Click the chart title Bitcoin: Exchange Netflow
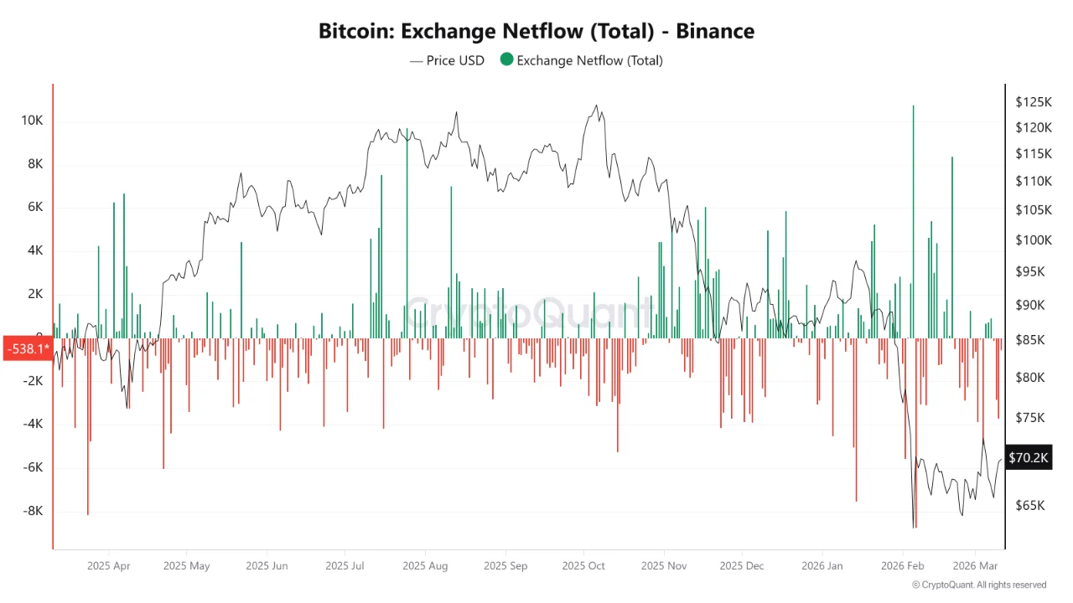pyautogui.click(x=536, y=32)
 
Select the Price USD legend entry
pyautogui.click(x=447, y=60)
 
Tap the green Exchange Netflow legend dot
pyautogui.click(x=506, y=60)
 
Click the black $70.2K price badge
pyautogui.click(x=1028, y=458)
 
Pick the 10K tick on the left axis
pyautogui.click(x=32, y=121)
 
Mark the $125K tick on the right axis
pyautogui.click(x=1033, y=102)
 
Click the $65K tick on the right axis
pyautogui.click(x=1030, y=506)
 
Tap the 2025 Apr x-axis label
pyautogui.click(x=109, y=566)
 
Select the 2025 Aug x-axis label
pyautogui.click(x=425, y=566)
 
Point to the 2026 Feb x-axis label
pyautogui.click(x=903, y=566)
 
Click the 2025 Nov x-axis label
pyautogui.click(x=664, y=566)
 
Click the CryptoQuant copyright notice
pyautogui.click(x=979, y=585)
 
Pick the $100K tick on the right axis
pyautogui.click(x=1033, y=240)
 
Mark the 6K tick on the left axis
pyautogui.click(x=34, y=208)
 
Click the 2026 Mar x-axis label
pyautogui.click(x=976, y=566)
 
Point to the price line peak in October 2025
pyautogui.click(x=596, y=106)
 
